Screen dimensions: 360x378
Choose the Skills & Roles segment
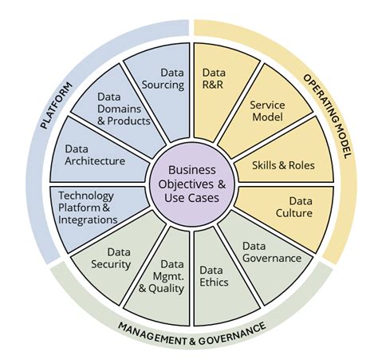[x=282, y=165]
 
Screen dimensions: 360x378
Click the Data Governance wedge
[x=271, y=254]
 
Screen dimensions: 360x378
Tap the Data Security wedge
[x=112, y=258]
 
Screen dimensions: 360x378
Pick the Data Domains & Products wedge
[x=123, y=109]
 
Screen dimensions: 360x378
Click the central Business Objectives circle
[x=192, y=184]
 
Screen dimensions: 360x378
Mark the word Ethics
[x=214, y=282]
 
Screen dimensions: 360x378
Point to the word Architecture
[x=96, y=160]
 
